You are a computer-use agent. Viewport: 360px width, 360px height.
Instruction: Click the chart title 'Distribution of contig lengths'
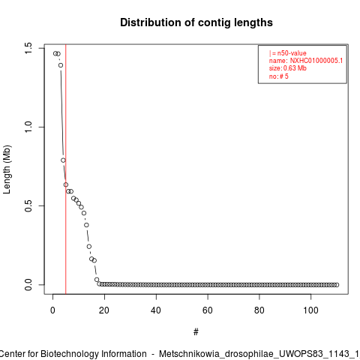coord(196,22)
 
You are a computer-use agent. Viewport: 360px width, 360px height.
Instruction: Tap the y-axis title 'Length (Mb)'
coord(7,169)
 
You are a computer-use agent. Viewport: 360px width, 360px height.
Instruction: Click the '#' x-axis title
coord(196,331)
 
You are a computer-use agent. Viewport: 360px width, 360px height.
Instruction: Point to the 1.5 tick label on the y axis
coord(28,48)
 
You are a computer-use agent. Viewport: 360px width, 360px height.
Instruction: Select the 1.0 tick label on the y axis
coord(28,127)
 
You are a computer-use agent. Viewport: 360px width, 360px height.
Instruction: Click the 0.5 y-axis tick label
coord(28,205)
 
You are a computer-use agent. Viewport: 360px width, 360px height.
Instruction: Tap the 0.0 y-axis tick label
coord(28,285)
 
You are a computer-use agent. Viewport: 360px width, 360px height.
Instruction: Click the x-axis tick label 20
coord(104,310)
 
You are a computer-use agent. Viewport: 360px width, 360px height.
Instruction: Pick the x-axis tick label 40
coord(156,310)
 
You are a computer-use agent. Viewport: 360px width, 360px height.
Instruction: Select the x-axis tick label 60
coord(208,310)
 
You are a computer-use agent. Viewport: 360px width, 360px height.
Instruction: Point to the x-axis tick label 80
coord(259,310)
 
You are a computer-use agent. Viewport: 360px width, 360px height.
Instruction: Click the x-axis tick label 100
coord(310,310)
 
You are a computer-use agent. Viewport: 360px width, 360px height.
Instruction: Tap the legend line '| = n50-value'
coord(288,53)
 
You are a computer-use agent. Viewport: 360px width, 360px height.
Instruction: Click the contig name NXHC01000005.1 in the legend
coord(316,61)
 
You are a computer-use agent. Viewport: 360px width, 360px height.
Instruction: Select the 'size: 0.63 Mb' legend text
coord(288,68)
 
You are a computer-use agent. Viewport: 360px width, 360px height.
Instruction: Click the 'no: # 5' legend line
coord(279,76)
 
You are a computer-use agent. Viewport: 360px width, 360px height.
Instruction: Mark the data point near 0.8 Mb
coord(63,160)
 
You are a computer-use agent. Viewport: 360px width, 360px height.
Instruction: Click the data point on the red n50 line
coord(66,184)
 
